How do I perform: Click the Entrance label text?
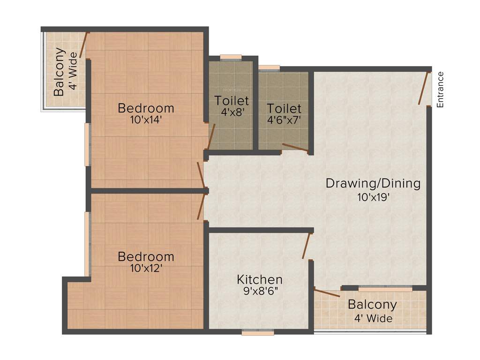click(x=440, y=90)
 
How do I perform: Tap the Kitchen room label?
click(x=259, y=280)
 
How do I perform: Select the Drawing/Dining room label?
click(x=373, y=183)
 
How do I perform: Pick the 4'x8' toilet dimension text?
click(x=232, y=112)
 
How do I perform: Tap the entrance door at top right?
click(x=425, y=88)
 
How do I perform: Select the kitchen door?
click(x=307, y=246)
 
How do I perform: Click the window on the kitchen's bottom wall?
click(x=258, y=333)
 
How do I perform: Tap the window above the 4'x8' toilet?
click(x=231, y=58)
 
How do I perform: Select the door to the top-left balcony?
click(x=84, y=45)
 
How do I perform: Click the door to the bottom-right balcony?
click(x=327, y=293)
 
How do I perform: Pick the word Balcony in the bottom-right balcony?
click(x=372, y=304)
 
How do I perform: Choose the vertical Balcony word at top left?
click(x=59, y=72)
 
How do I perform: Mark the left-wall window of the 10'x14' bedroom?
click(x=87, y=144)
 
